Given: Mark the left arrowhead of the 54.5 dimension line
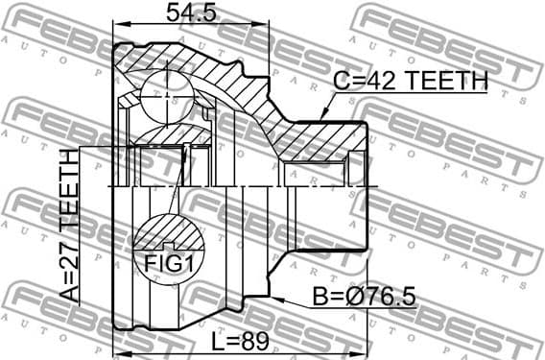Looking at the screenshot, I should click(117, 24).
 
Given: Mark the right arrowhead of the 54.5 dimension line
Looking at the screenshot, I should click(265, 24).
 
